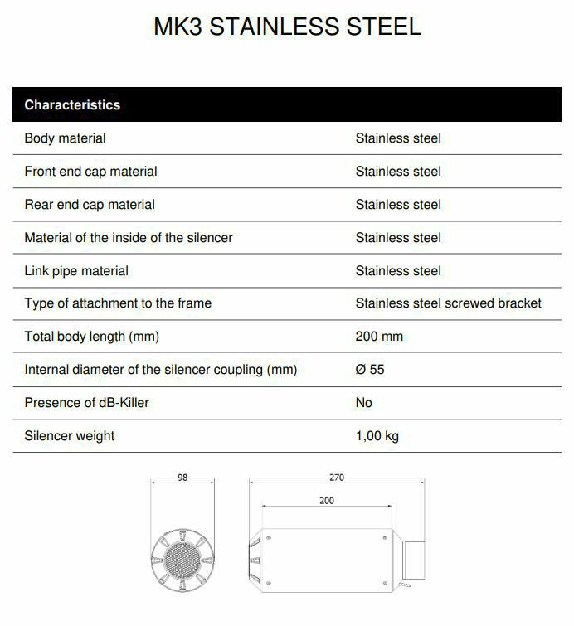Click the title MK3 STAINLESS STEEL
click(x=287, y=27)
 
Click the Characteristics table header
click(x=72, y=105)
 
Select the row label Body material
click(x=65, y=138)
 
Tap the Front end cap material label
click(x=90, y=172)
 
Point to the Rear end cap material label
click(x=90, y=205)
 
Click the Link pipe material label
click(x=76, y=271)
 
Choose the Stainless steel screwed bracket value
click(x=448, y=303)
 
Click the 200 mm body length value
click(x=379, y=337)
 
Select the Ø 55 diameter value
click(x=370, y=370)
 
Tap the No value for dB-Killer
click(x=364, y=403)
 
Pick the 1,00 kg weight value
click(x=377, y=436)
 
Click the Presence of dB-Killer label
click(x=87, y=403)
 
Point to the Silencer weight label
click(x=70, y=436)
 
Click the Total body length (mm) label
click(x=91, y=337)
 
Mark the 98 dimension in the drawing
click(x=182, y=478)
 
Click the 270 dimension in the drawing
click(x=337, y=478)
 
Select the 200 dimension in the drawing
click(x=327, y=501)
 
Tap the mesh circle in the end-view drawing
click(x=182, y=563)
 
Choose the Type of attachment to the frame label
click(x=118, y=303)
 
